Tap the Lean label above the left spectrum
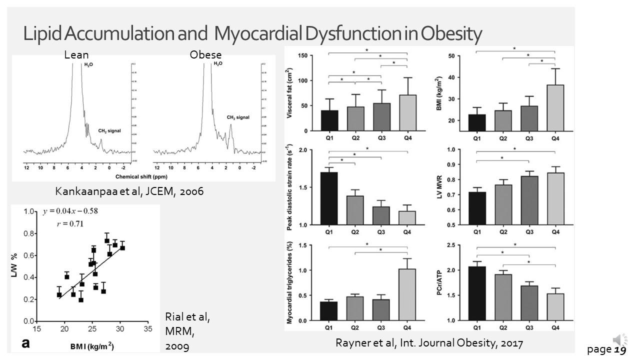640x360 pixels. point(76,55)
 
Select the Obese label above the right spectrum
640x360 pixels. point(205,55)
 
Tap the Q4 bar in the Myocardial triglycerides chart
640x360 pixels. point(407,294)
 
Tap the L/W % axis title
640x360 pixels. point(15,266)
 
